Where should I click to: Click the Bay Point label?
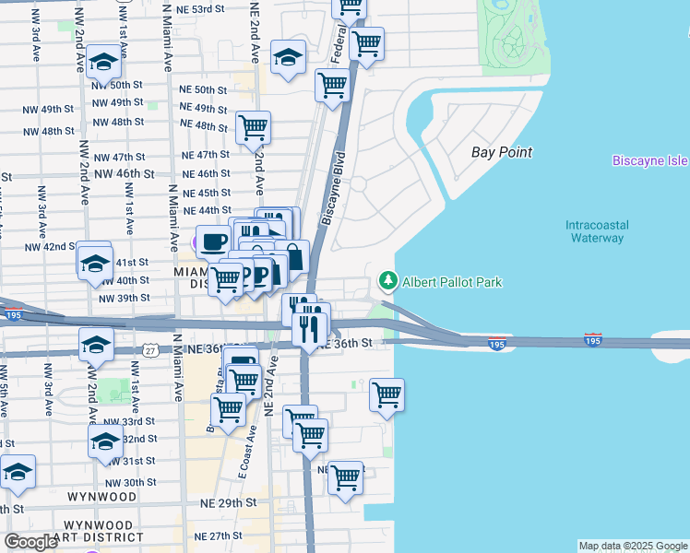502,152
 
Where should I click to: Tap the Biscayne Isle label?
650,161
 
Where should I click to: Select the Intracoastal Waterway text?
595,231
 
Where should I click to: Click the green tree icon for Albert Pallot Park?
388,281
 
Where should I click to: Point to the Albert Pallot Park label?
452,282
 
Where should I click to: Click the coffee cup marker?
213,242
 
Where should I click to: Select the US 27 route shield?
150,351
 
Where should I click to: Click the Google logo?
31,542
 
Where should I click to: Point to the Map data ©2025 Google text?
632,546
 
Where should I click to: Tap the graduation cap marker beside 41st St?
94,264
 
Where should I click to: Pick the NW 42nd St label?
49,247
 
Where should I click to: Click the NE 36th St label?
351,343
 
